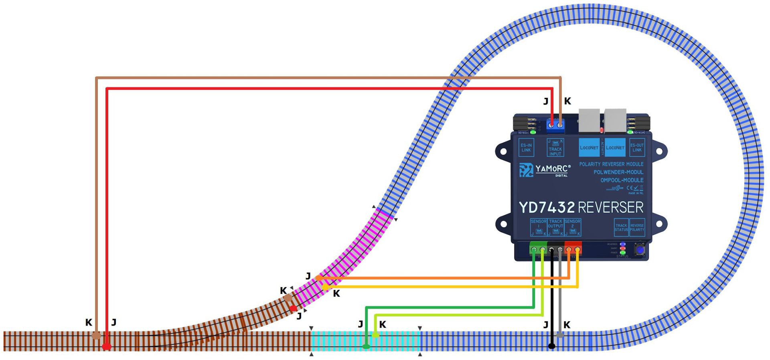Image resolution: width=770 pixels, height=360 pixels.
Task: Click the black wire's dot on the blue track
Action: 552,346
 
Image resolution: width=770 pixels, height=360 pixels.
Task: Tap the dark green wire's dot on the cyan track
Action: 366,346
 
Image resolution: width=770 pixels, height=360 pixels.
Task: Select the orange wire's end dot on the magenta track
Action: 318,278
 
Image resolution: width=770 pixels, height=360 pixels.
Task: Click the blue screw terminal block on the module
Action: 555,125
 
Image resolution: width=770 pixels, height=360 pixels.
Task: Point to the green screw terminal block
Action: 538,249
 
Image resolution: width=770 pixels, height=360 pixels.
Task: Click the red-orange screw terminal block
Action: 573,249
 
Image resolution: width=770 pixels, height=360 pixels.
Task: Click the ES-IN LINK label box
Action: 526,148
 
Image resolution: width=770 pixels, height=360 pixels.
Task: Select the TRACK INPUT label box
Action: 555,148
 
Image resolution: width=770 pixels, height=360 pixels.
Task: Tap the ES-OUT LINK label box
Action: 637,148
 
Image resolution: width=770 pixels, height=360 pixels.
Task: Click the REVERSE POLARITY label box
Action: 637,227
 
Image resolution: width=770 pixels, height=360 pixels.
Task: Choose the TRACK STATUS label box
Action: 621,227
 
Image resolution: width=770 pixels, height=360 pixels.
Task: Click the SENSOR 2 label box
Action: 573,227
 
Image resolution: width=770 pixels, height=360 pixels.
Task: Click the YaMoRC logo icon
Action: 526,170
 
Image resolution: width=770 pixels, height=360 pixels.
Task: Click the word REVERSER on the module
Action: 610,208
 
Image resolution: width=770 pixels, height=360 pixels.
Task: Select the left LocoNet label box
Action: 589,148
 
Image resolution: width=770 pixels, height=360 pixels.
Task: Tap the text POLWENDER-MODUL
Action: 618,172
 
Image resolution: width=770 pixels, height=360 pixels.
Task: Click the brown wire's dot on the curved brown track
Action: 288,298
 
